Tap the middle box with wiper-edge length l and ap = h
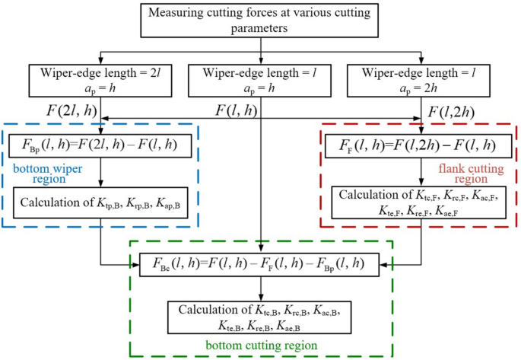260,79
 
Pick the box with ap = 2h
423,79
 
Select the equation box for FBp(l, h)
101,143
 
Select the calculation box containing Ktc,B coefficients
260,317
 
